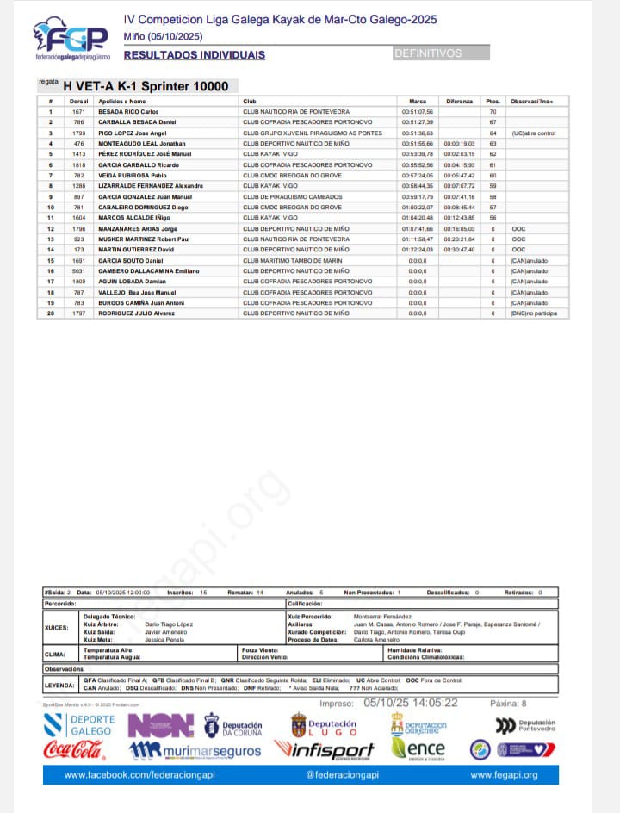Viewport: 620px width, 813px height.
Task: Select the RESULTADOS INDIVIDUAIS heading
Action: tap(195, 55)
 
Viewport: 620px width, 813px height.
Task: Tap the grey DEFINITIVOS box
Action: tap(441, 53)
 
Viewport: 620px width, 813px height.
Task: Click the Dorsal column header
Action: tap(78, 102)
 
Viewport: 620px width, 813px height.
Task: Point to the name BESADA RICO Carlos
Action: tap(128, 112)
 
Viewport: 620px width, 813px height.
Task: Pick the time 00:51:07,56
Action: tap(418, 112)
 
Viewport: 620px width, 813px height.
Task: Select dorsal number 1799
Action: tap(78, 133)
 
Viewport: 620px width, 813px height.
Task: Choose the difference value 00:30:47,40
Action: tap(459, 250)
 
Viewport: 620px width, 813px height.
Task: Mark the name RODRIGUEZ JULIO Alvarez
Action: tap(137, 313)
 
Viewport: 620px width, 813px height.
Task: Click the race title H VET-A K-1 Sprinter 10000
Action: tap(146, 86)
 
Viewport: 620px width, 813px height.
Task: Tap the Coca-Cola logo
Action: tap(74, 750)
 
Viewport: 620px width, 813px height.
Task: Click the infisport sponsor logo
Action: tap(325, 750)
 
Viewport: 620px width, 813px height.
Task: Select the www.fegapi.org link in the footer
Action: tap(504, 775)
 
